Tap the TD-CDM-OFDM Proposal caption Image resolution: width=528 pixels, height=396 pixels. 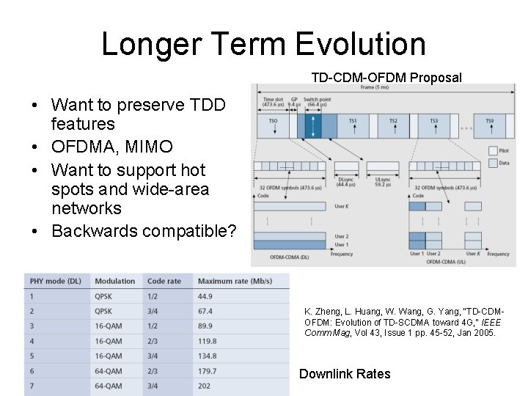coord(386,78)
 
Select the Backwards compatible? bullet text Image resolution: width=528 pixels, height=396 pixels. coord(144,231)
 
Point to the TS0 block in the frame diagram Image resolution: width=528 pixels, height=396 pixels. coord(273,121)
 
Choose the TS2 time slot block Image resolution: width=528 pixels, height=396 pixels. coord(392,121)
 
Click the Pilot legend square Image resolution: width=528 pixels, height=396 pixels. coord(493,151)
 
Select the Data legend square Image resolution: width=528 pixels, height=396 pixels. coord(493,164)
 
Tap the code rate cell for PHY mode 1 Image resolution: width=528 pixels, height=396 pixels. coord(153,296)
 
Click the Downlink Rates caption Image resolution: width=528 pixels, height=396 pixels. coord(345,374)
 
